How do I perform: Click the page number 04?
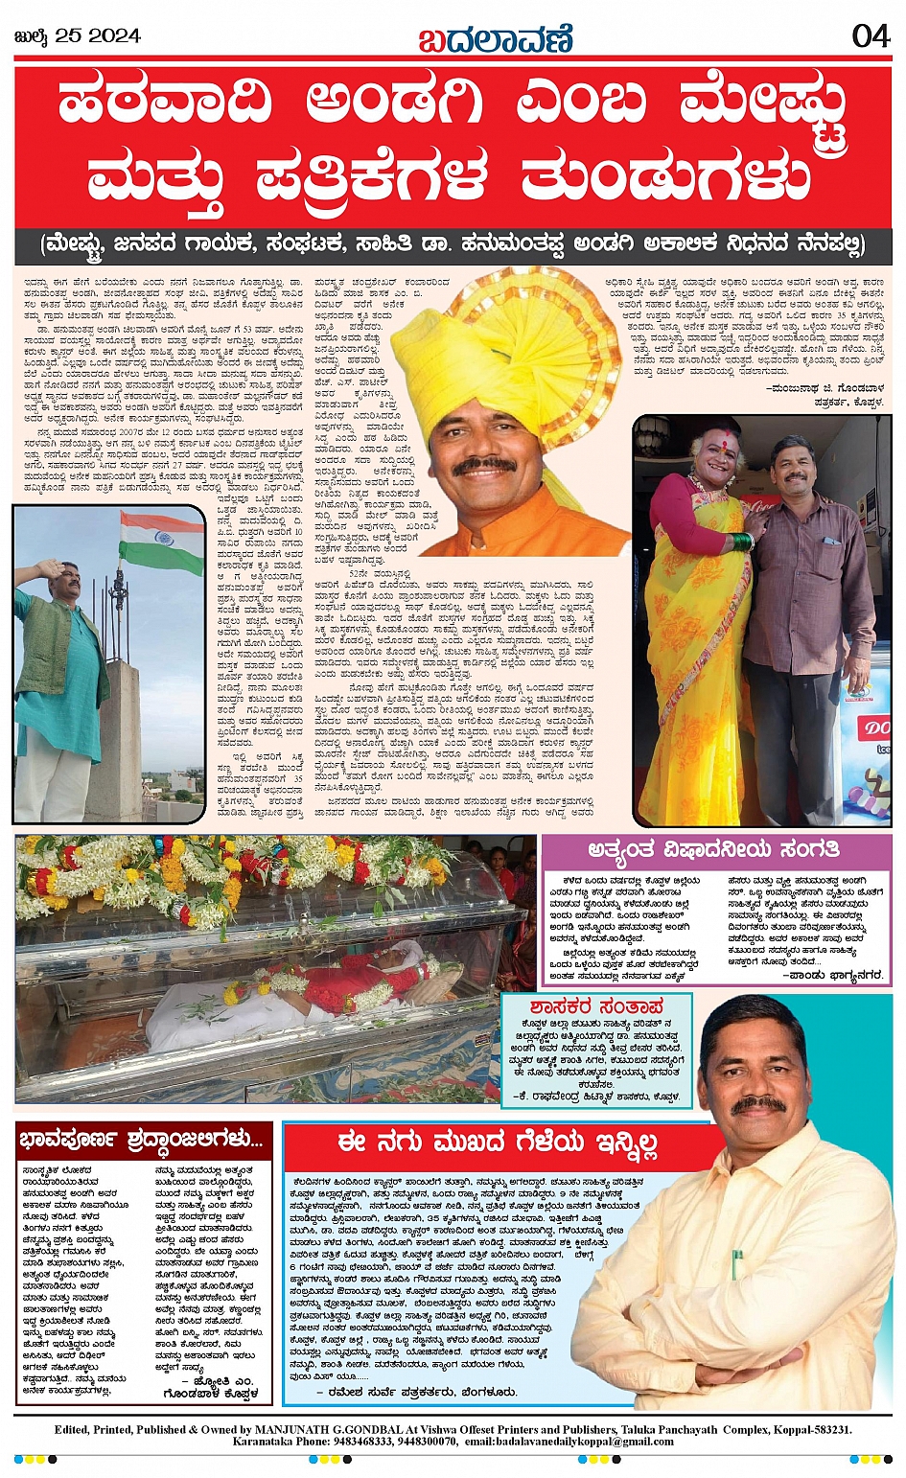tap(871, 36)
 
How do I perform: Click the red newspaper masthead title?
tap(496, 40)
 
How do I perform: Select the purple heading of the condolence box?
tap(714, 849)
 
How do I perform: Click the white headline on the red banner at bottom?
tap(498, 1143)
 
